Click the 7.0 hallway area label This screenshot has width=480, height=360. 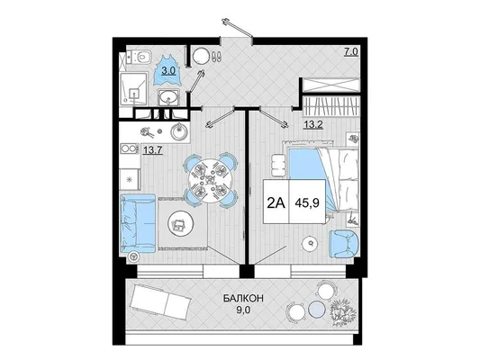point(351,51)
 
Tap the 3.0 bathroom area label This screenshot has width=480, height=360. point(168,71)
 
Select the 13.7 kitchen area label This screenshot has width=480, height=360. point(150,150)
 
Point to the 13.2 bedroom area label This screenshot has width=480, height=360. point(313,124)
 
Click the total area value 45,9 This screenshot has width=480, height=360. point(307,202)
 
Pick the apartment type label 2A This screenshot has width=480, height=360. point(276,202)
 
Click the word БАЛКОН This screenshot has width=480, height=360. point(243,298)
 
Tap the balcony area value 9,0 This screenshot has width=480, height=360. point(243,310)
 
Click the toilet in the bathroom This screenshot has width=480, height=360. point(141,57)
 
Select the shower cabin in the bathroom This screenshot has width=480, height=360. point(134,89)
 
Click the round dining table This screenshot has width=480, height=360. point(210,179)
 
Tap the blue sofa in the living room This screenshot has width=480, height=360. point(138,222)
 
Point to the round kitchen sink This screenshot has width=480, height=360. point(180,132)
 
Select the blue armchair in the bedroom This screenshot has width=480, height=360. point(343,244)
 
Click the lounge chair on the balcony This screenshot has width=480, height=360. point(160,301)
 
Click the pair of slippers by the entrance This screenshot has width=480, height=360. point(217,56)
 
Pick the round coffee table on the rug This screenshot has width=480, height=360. point(180,224)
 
